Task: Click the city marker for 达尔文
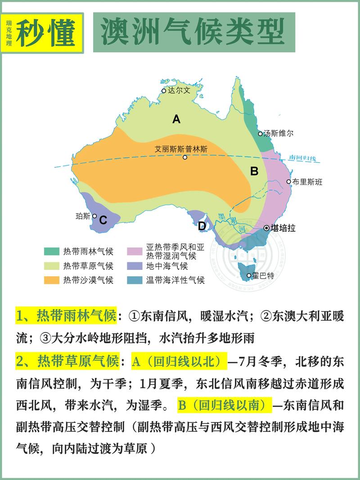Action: click(164, 90)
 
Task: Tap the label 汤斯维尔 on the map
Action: click(279, 134)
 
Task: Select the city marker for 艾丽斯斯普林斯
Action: click(185, 157)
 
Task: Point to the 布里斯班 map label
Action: click(308, 182)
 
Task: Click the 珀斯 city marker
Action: click(94, 216)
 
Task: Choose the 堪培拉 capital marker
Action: click(266, 228)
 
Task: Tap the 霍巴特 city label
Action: click(264, 276)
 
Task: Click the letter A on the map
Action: click(176, 119)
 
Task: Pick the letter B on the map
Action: click(254, 171)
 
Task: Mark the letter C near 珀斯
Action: click(103, 220)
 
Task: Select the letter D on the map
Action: click(202, 226)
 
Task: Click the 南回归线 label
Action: click(303, 158)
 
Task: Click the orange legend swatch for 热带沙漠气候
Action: click(52, 280)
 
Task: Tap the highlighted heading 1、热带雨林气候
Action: click(66, 316)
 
